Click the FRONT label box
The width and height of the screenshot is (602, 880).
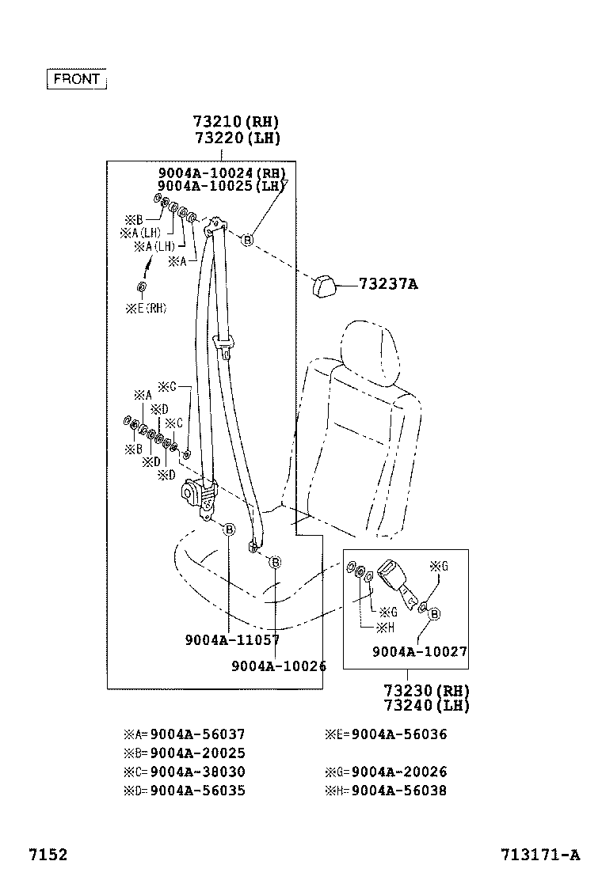click(x=77, y=79)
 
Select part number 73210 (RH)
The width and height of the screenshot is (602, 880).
click(x=236, y=122)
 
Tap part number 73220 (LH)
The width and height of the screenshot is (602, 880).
click(x=236, y=138)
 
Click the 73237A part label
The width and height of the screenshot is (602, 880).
click(x=387, y=284)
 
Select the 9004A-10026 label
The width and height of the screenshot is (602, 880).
click(x=279, y=666)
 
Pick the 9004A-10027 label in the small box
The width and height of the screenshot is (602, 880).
click(x=419, y=652)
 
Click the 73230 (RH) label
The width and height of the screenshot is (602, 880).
click(x=426, y=690)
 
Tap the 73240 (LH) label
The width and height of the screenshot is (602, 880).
click(x=426, y=705)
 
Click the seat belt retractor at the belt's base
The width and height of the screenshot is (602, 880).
click(x=200, y=496)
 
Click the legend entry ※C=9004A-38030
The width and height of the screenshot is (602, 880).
click(x=185, y=772)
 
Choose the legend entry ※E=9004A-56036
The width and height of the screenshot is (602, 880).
click(x=386, y=734)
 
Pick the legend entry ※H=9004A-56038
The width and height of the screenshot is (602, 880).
click(x=386, y=791)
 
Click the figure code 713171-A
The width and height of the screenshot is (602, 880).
click(x=539, y=855)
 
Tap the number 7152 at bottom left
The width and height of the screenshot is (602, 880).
click(x=48, y=855)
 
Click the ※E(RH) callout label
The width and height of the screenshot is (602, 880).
click(x=146, y=309)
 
